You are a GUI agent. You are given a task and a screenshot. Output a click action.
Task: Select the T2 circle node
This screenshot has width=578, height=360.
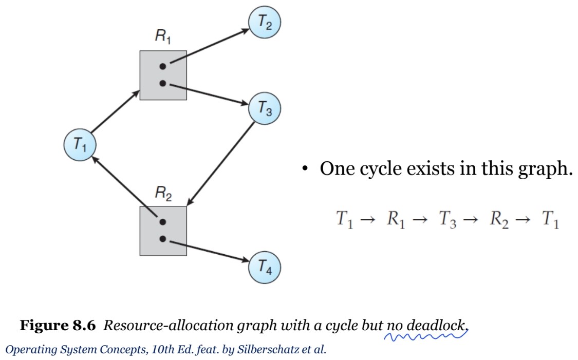[265, 23]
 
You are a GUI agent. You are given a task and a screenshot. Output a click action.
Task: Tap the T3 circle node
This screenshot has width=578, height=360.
[265, 108]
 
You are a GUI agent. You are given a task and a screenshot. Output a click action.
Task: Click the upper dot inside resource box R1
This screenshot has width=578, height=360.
[163, 66]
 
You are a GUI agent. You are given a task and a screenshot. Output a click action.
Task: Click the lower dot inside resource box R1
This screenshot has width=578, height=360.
[163, 83]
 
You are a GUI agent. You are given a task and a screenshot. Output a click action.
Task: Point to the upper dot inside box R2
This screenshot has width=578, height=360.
[163, 222]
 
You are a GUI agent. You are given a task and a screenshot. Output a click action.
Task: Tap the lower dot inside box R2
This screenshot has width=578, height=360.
[163, 239]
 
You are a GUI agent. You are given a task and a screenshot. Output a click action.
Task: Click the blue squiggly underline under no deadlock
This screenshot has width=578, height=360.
[426, 336]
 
